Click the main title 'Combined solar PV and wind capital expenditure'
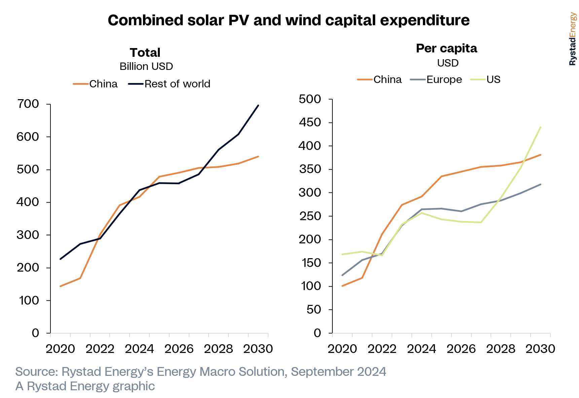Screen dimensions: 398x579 coord(289,20)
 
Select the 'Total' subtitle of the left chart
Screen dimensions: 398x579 coord(145,53)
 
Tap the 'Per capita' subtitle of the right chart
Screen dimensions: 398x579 coord(446,48)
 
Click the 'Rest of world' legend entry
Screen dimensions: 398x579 coord(177,84)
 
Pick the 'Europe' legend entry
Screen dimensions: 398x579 coord(444,80)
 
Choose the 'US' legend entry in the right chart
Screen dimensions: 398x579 coord(493,80)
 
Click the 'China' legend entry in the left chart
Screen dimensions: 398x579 coord(103,84)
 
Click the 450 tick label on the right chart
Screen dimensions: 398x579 coord(310,122)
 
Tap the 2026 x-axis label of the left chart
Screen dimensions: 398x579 coord(179,349)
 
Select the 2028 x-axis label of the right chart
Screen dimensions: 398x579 coord(501,349)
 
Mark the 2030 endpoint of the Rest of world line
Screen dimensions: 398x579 coord(258,106)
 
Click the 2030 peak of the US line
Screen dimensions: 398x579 coord(540,127)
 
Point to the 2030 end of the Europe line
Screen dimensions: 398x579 coord(540,184)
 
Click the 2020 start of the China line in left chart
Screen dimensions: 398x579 coord(61,286)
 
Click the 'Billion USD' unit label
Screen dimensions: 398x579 coord(146,67)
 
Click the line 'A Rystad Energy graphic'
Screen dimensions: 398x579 coord(85,386)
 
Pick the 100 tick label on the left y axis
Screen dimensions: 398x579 coord(29,301)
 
